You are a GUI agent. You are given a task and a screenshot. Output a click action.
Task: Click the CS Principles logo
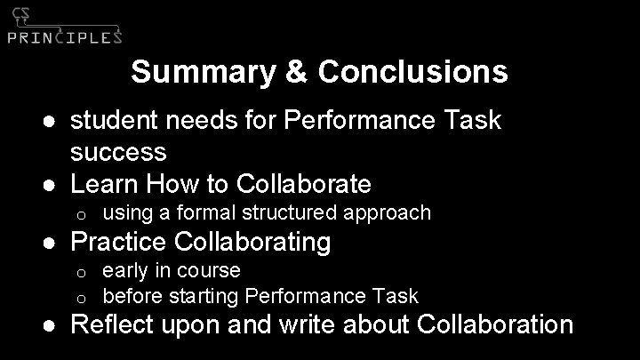64,27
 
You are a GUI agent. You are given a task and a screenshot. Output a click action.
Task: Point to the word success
118,152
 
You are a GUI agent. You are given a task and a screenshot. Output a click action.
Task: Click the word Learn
104,184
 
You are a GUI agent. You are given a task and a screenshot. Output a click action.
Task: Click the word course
212,270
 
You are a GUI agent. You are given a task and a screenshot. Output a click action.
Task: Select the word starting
204,295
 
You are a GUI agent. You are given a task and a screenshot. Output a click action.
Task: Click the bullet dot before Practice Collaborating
55,242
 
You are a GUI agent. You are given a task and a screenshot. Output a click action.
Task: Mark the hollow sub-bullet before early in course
80,271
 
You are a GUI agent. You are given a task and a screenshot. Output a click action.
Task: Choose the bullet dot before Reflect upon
55,325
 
